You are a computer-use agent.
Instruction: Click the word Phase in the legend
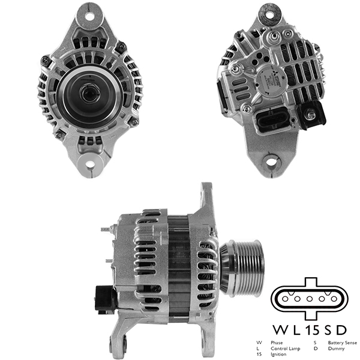click(x=277, y=342)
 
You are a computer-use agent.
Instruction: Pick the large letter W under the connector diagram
click(x=280, y=329)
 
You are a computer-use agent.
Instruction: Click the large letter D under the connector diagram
click(x=341, y=329)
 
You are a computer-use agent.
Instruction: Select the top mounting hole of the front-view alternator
click(x=91, y=16)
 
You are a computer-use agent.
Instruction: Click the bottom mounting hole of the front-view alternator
click(x=91, y=163)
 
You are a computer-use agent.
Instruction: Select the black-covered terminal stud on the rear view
click(x=313, y=113)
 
